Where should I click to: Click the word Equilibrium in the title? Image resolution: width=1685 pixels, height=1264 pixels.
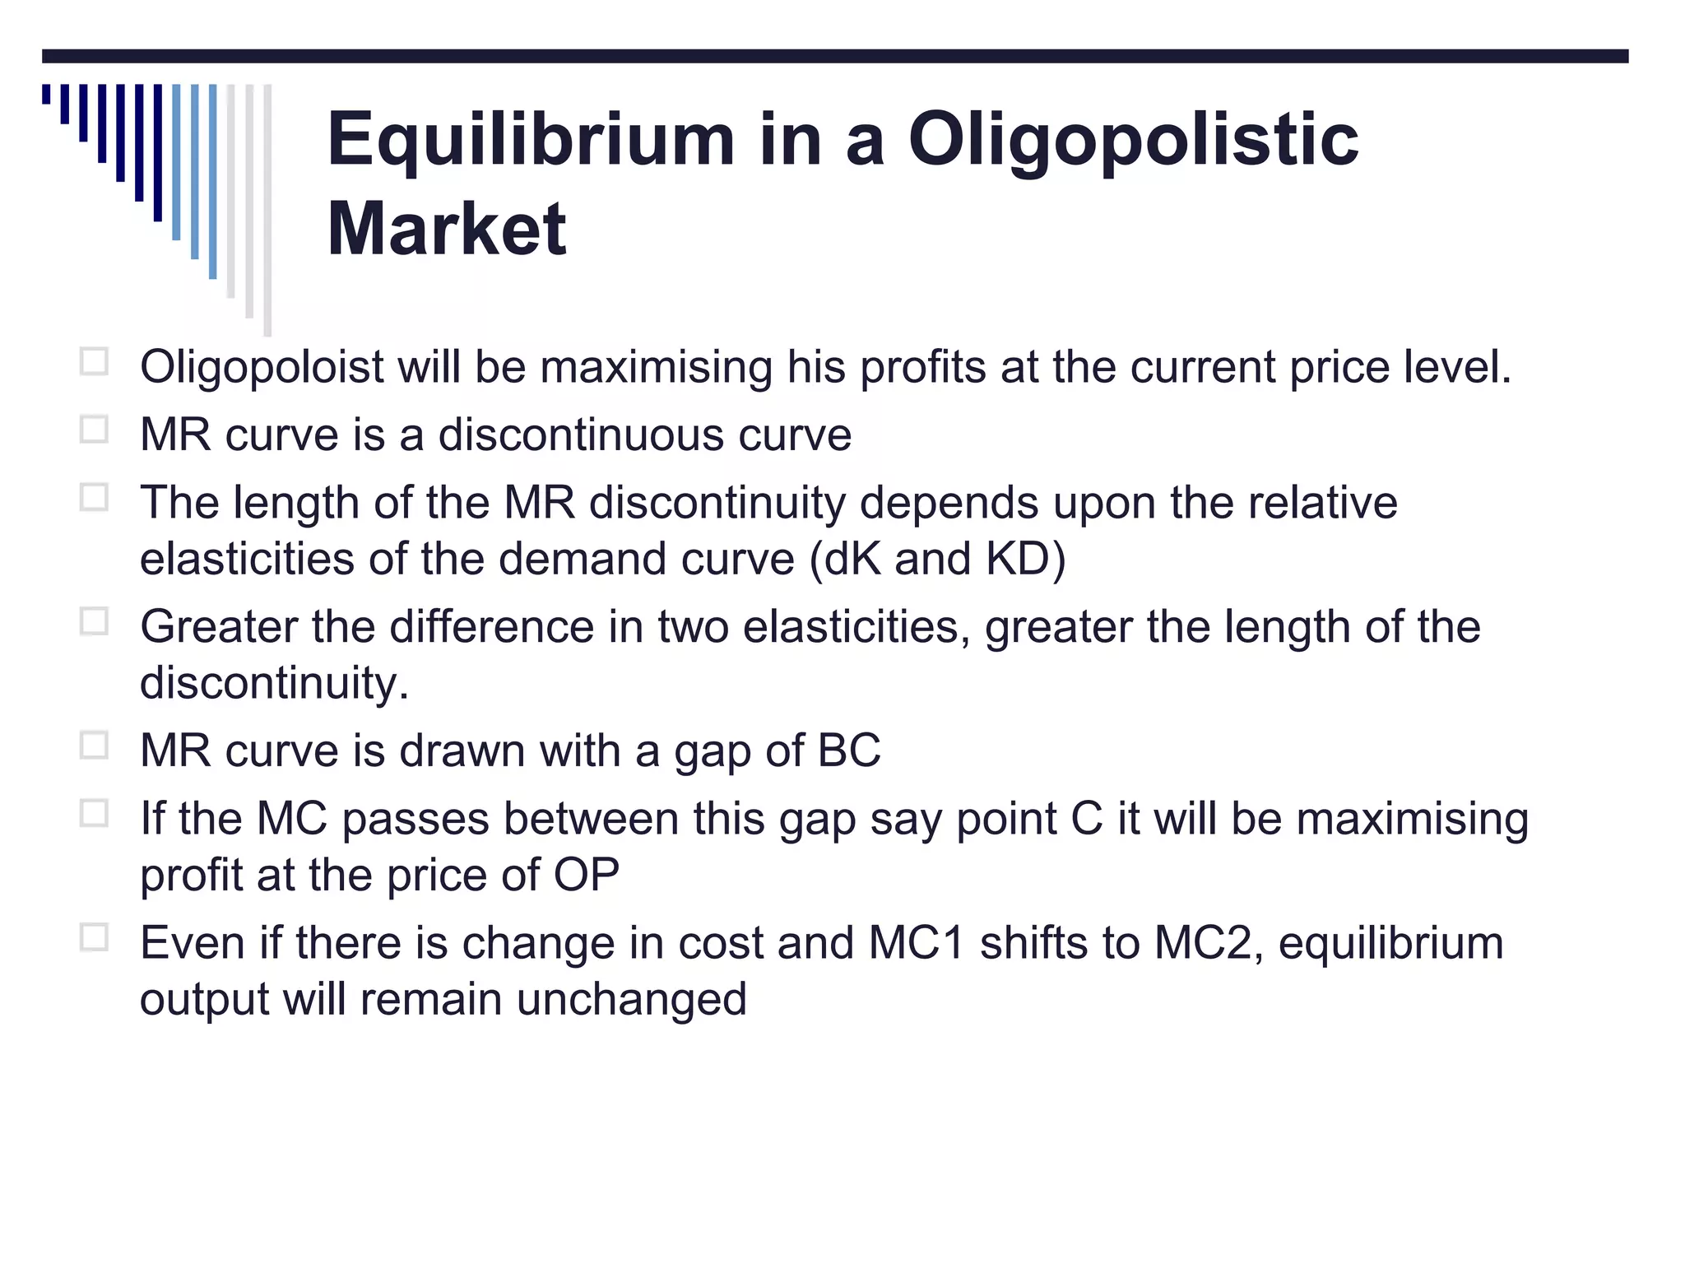pos(531,140)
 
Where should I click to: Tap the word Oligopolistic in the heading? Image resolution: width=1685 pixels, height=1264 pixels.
pos(1133,140)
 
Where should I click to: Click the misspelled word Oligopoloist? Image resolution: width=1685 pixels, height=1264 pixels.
pos(262,367)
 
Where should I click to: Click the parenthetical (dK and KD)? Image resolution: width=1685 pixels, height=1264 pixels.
pos(938,560)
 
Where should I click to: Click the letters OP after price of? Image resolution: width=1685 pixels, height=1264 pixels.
pos(586,875)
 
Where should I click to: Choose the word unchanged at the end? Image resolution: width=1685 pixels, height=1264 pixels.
pos(632,1000)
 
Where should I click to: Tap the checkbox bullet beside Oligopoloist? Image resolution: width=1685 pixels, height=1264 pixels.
pos(94,361)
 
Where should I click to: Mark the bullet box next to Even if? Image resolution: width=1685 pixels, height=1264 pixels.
pos(94,937)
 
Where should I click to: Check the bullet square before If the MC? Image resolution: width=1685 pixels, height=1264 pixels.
pos(94,813)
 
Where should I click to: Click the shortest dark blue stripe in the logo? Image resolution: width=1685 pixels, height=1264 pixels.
pos(46,95)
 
